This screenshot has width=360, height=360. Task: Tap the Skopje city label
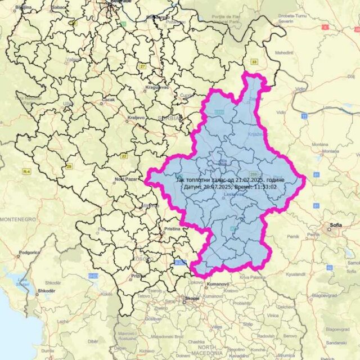tap(192, 298)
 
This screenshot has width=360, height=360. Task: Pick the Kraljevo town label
tap(136, 118)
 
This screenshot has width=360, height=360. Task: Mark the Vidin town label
tap(301, 89)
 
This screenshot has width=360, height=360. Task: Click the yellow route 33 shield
tap(255, 61)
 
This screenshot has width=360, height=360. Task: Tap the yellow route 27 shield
tap(143, 66)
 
